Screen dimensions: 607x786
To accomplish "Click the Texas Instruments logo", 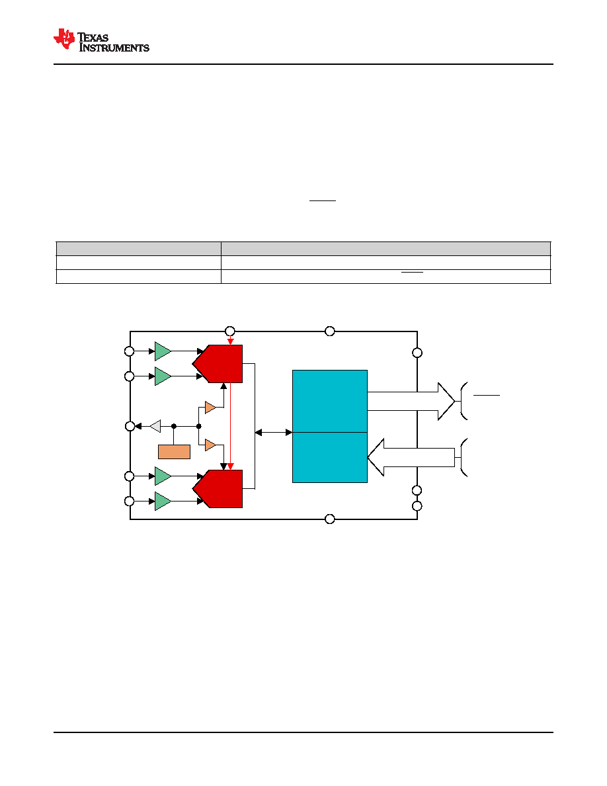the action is coord(102,40).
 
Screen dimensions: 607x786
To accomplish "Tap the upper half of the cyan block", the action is coord(329,401).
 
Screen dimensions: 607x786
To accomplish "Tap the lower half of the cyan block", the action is coord(329,458).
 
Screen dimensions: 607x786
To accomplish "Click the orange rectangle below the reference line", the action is coord(175,452).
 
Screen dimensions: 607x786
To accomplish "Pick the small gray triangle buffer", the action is coord(155,426).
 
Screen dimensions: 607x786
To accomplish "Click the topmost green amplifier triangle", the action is coord(163,351).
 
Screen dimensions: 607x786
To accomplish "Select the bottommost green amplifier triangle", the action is coord(163,501).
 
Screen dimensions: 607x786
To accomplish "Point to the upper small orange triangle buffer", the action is coord(210,407).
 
